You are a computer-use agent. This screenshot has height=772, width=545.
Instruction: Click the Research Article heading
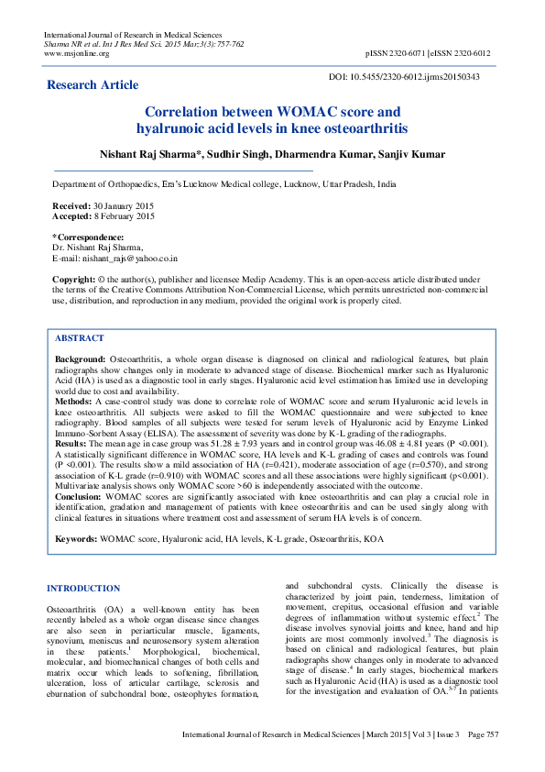(93, 85)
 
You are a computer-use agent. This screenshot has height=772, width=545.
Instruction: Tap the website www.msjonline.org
(77, 53)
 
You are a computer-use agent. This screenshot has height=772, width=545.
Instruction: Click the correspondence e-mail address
(114, 259)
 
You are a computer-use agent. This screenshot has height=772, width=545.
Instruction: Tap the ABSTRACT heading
(80, 338)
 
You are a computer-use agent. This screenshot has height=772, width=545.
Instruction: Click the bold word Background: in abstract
(81, 359)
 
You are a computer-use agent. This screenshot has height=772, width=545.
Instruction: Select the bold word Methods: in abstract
(73, 401)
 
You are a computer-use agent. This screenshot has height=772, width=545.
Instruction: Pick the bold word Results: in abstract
(71, 442)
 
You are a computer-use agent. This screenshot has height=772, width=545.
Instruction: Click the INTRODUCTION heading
(83, 589)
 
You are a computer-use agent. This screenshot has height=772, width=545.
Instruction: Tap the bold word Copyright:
(75, 278)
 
